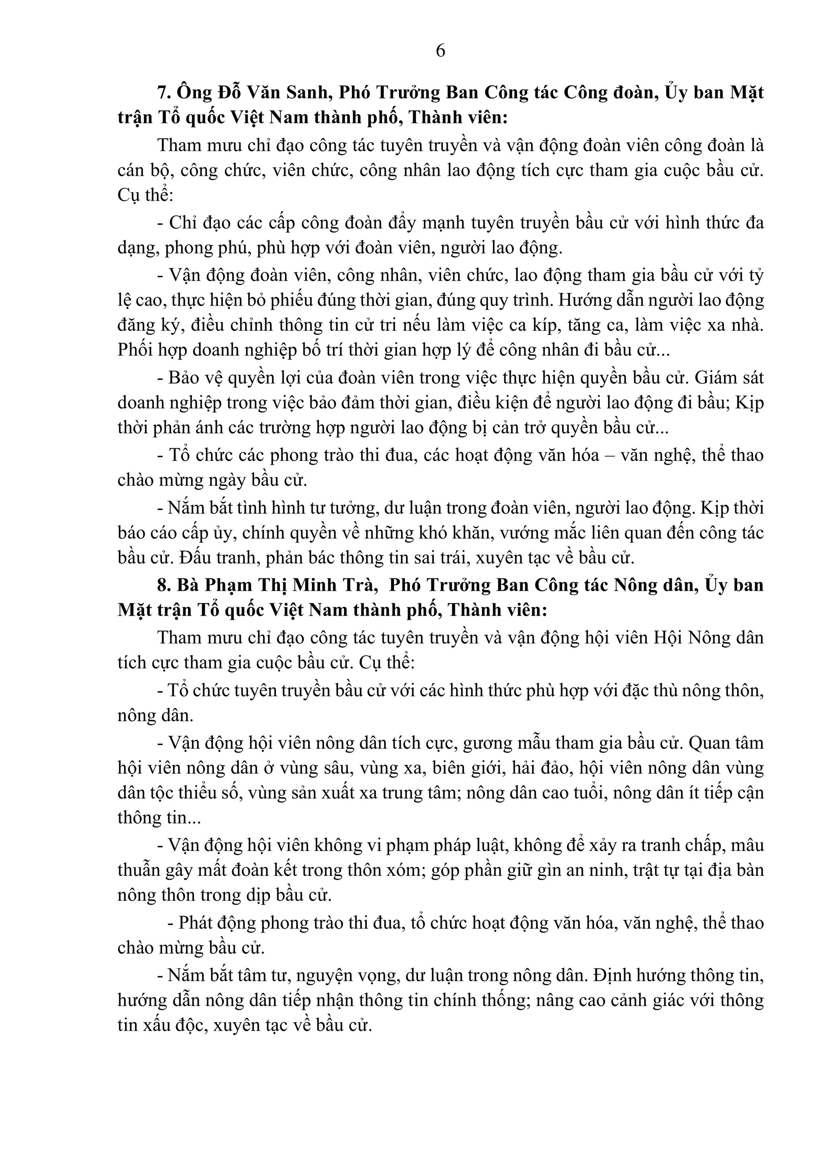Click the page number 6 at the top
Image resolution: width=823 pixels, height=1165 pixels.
pyautogui.click(x=440, y=51)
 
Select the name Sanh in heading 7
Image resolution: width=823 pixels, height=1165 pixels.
pyautogui.click(x=311, y=93)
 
